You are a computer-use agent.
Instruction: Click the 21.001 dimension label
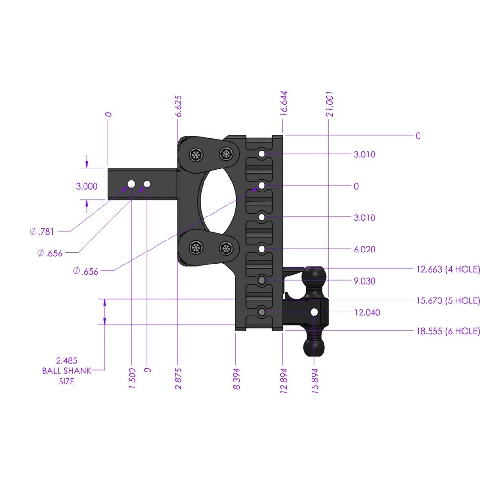(329, 103)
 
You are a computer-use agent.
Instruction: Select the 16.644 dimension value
(284, 102)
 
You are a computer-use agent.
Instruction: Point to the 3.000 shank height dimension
(87, 186)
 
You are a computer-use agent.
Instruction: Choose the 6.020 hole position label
(364, 250)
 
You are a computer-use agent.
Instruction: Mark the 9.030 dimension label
(364, 281)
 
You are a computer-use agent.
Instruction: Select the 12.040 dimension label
(366, 313)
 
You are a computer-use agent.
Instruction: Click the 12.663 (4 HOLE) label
(447, 270)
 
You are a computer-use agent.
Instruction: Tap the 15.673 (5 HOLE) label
(447, 301)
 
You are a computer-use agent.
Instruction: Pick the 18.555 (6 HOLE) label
(447, 331)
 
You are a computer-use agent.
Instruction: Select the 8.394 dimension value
(237, 378)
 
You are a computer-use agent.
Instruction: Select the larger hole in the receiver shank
(131, 184)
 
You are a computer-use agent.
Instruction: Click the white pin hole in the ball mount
(314, 312)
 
